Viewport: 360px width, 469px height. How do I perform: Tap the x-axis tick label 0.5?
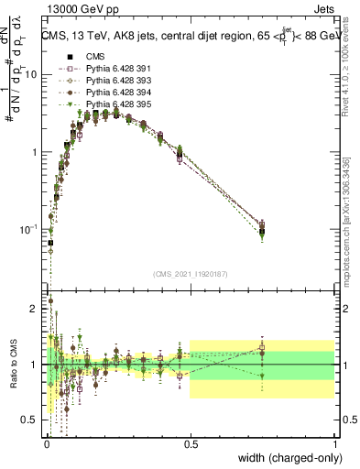pyautogui.click(x=191, y=443)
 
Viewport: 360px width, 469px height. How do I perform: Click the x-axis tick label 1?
pyautogui.click(x=334, y=443)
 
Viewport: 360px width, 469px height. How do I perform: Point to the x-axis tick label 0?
pyautogui.click(x=47, y=443)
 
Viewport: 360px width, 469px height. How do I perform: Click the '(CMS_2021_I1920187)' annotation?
pyautogui.click(x=191, y=274)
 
